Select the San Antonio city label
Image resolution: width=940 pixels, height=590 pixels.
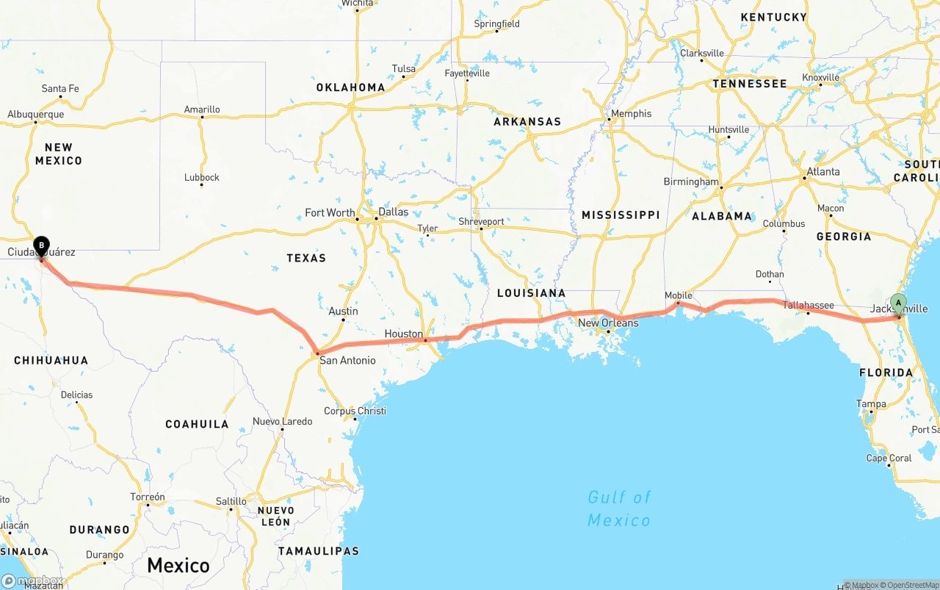(x=347, y=360)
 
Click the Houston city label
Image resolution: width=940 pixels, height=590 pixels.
(x=403, y=334)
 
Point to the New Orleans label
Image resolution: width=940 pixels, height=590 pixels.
(x=608, y=323)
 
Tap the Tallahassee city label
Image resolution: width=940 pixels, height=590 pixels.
(x=808, y=305)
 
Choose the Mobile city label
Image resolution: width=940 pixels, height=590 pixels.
(x=678, y=295)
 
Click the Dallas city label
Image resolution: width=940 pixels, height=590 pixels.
(x=394, y=212)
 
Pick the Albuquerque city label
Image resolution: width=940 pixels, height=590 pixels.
(x=36, y=115)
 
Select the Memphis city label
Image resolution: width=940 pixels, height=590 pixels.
(x=630, y=114)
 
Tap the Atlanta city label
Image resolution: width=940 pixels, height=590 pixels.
(x=823, y=172)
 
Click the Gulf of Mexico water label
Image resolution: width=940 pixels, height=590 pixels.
(x=618, y=508)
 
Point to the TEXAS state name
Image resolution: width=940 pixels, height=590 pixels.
(x=306, y=258)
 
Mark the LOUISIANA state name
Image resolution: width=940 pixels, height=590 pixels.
(x=531, y=293)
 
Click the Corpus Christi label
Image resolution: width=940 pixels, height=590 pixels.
(x=355, y=411)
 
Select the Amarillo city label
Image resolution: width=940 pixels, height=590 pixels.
(x=202, y=109)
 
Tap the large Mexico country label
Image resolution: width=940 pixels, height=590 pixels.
(x=178, y=565)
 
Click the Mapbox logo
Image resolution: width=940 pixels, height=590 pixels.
(x=32, y=580)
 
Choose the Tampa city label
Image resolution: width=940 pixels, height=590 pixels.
(x=871, y=403)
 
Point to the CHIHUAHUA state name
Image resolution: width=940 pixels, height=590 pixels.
(x=51, y=360)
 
